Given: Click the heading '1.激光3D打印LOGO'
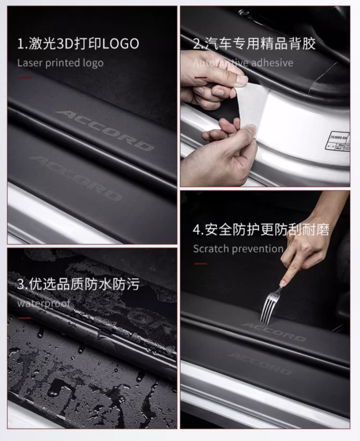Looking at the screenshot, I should click(x=78, y=44).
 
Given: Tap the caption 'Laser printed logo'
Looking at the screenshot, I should click(x=60, y=63).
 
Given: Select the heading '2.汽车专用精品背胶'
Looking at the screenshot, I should click(x=254, y=44).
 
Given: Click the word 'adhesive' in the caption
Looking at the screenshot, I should click(x=272, y=63).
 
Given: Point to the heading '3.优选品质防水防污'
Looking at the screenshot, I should click(x=78, y=284).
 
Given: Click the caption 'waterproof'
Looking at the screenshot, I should click(x=43, y=303).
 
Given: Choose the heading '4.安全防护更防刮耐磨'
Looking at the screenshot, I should click(x=261, y=230).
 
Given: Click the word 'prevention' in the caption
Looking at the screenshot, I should click(x=257, y=249).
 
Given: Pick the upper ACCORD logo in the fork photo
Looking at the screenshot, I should click(x=273, y=331).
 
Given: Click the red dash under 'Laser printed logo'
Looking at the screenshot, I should click(x=24, y=77).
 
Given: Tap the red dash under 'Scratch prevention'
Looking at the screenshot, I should click(x=201, y=264).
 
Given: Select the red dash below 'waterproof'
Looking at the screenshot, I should click(x=24, y=318).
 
